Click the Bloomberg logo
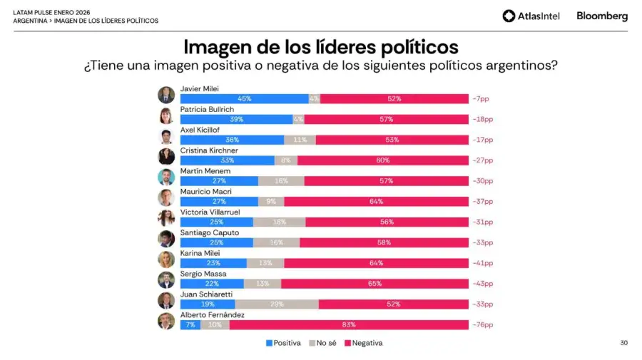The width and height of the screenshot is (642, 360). [602, 16]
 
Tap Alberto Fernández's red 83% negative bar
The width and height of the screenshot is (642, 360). [348, 324]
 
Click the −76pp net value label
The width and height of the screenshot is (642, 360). [483, 324]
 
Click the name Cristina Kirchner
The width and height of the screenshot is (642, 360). [209, 150]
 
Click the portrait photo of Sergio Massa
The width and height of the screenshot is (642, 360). [166, 279]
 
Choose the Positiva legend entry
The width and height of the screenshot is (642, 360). [283, 343]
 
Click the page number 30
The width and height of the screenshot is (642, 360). [623, 343]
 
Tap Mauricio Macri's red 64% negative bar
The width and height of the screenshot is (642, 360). [376, 201]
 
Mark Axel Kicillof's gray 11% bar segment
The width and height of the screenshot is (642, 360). [300, 140]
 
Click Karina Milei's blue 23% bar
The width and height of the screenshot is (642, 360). [213, 262]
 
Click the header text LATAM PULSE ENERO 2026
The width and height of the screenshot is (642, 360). [51, 12]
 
